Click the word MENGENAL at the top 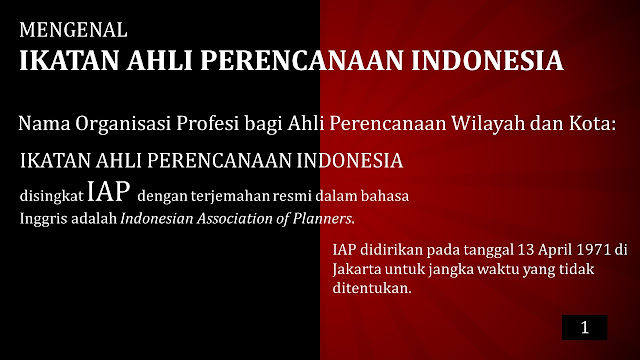[x=73, y=30]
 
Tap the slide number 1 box [x=584, y=327]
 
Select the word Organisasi [x=123, y=124]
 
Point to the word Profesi [x=208, y=123]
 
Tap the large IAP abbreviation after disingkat [x=109, y=191]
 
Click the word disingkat [x=51, y=196]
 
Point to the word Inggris [x=44, y=219]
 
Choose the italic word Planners [x=323, y=219]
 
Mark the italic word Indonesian [x=157, y=219]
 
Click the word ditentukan [x=372, y=288]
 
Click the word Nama [x=44, y=124]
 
